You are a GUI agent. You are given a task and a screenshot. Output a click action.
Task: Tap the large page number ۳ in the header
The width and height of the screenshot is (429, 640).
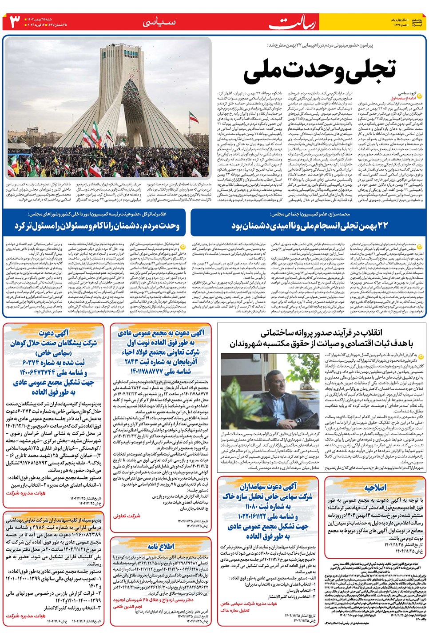click(15, 21)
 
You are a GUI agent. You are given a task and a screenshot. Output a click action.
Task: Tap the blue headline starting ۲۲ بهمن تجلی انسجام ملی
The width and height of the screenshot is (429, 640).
click(309, 226)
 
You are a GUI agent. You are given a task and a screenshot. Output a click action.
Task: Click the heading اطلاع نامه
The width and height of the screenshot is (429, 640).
click(161, 546)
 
